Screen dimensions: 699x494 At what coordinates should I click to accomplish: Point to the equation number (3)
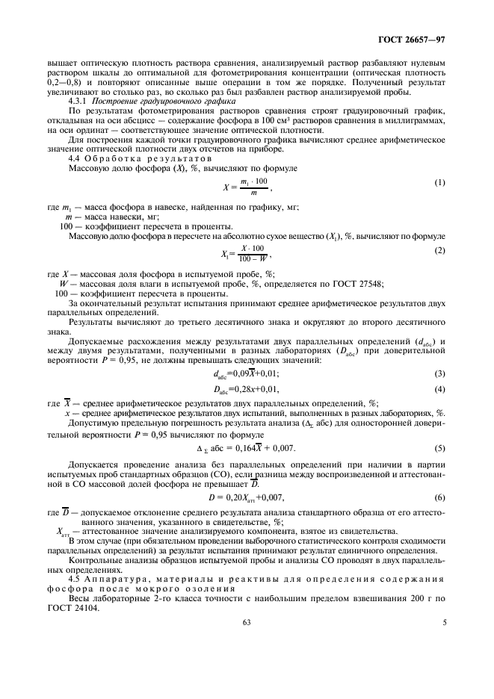[x=440, y=373]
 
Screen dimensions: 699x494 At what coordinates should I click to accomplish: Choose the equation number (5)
[x=440, y=448]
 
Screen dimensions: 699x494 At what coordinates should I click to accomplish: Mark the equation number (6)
[x=440, y=497]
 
